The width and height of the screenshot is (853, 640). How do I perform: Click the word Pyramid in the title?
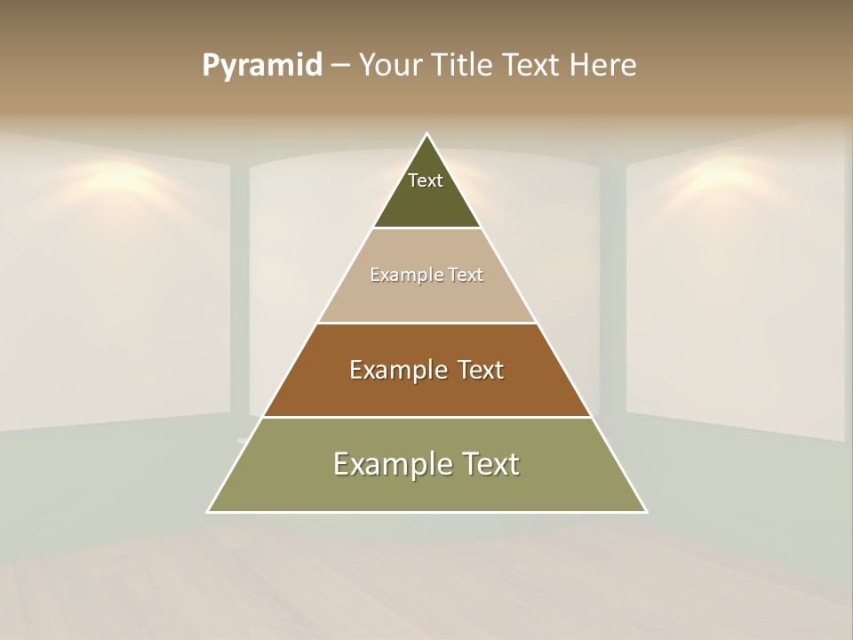(x=262, y=66)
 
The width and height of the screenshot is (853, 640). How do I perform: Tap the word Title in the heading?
(x=466, y=66)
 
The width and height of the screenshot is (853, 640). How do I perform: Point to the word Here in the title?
(x=603, y=66)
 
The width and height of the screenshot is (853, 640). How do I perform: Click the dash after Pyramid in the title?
(x=339, y=66)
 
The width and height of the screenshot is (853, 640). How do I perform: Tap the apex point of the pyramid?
(x=427, y=134)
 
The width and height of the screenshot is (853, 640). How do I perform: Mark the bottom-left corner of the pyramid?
(x=209, y=511)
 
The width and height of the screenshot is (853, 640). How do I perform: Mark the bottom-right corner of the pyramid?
(x=646, y=511)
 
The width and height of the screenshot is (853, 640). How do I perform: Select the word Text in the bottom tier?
(x=490, y=464)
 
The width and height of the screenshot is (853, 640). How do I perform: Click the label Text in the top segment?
(x=426, y=180)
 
